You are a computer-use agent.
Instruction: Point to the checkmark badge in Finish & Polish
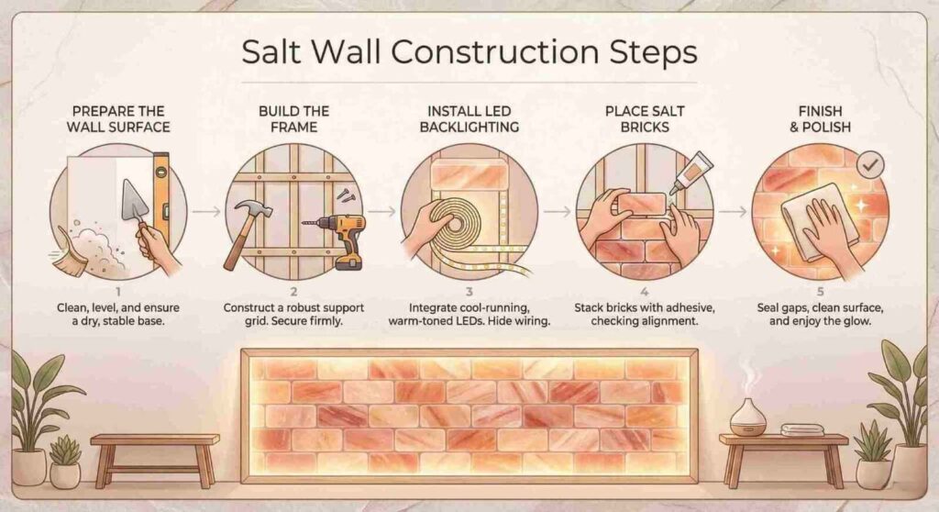(868, 164)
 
